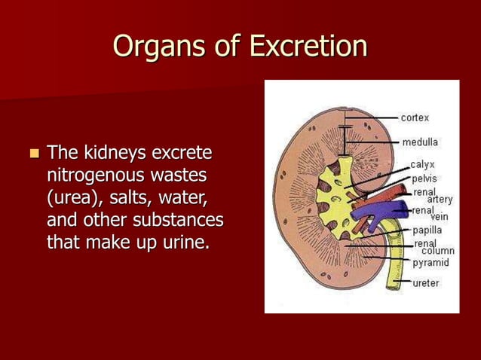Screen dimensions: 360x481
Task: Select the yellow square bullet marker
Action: [33, 154]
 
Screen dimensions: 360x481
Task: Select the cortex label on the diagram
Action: [415, 118]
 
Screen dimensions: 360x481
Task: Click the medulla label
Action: [420, 142]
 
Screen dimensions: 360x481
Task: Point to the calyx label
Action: [422, 165]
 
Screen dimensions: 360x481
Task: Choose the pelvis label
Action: [424, 178]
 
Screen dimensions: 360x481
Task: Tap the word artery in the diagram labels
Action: [440, 200]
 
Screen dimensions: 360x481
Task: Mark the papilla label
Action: [427, 230]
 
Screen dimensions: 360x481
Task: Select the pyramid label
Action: [430, 263]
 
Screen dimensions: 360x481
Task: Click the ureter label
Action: [426, 283]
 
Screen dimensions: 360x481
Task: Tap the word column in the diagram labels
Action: [437, 251]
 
